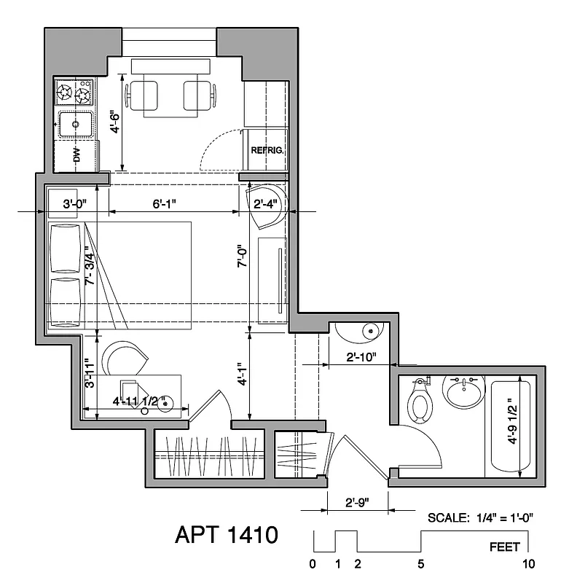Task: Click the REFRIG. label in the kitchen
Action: (x=267, y=150)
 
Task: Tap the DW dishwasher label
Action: (x=75, y=154)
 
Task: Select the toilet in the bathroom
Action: (x=419, y=403)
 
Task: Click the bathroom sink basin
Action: (x=463, y=394)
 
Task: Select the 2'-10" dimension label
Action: (x=360, y=357)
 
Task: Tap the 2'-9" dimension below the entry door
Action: (x=359, y=503)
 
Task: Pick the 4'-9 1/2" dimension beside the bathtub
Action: (x=514, y=420)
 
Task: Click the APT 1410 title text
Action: (x=227, y=536)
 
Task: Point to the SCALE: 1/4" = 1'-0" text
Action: (x=481, y=517)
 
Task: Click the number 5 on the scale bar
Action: (x=421, y=563)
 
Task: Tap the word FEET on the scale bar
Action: (x=505, y=547)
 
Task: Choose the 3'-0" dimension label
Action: (x=75, y=205)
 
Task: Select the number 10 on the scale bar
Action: (x=528, y=563)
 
